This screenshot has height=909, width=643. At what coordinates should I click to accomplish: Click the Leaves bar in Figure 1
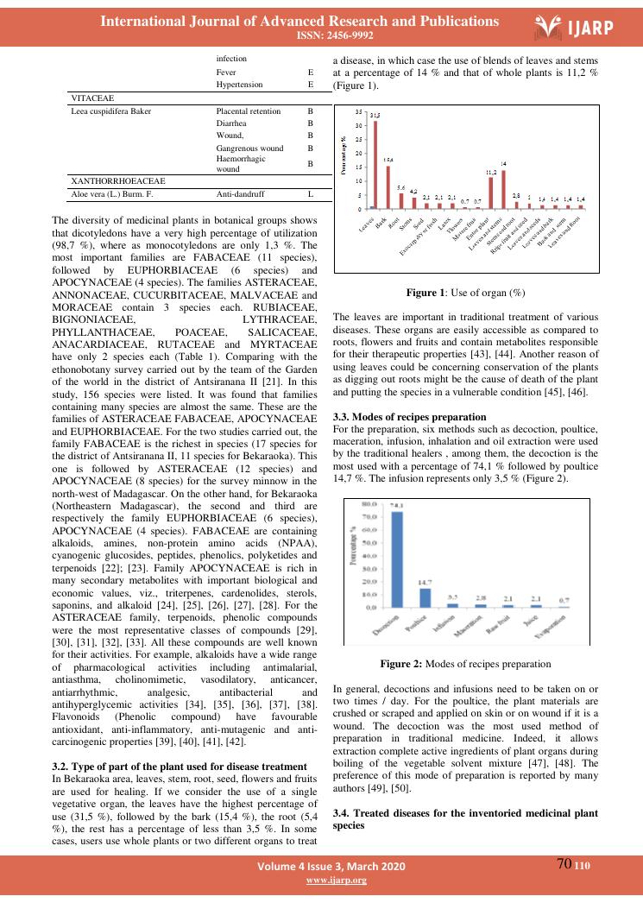(375, 165)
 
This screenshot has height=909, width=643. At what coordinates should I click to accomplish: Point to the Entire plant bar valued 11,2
(490, 193)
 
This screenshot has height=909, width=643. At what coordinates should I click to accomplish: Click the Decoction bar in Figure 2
(398, 560)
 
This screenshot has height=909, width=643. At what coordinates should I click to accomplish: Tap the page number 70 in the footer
(565, 865)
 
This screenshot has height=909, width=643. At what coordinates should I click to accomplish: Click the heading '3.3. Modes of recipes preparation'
(403, 417)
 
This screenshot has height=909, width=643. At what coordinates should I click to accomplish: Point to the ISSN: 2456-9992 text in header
(321, 35)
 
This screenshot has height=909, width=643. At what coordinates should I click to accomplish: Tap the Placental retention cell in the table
(249, 112)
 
